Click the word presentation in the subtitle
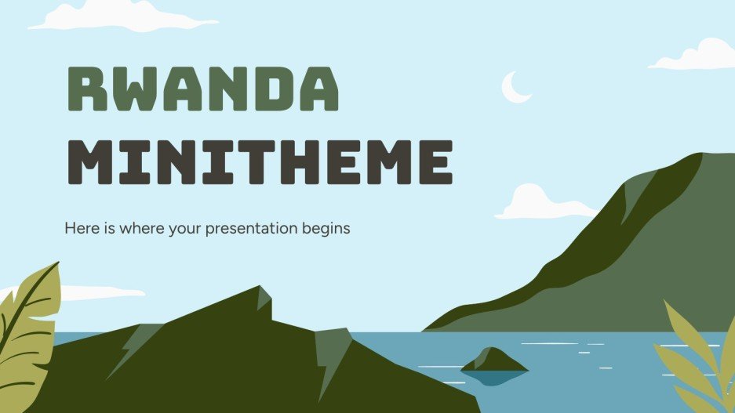click(x=240, y=230)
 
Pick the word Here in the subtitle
click(x=80, y=229)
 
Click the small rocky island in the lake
click(x=493, y=360)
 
